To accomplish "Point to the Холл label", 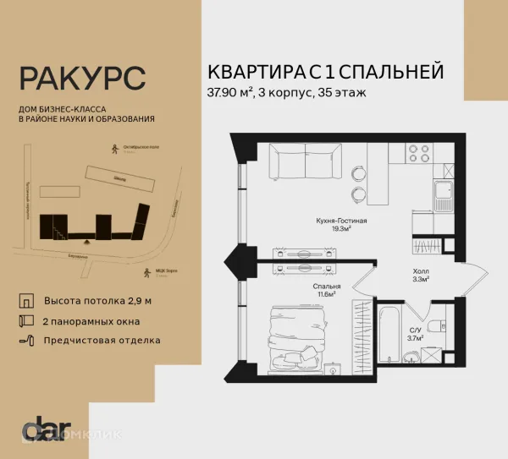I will (x=419, y=272).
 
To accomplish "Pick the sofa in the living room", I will (x=297, y=164).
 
